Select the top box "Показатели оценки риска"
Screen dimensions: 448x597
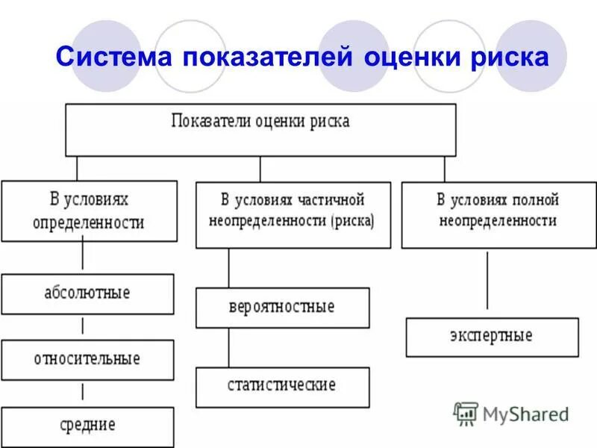point(260,129)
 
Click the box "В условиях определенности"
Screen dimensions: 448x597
point(89,211)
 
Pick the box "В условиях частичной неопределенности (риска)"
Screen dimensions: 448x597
point(293,214)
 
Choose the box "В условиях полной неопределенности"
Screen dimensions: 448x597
point(498,214)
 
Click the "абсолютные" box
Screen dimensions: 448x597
point(87,293)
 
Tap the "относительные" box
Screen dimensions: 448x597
point(87,359)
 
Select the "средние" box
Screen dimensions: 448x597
point(87,426)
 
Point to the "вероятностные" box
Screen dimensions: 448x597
point(282,308)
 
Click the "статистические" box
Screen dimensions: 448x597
point(282,387)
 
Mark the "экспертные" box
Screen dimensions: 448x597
point(492,337)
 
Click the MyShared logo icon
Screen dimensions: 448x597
point(466,413)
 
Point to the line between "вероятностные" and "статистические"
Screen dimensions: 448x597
point(228,347)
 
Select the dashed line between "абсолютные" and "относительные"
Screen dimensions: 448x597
point(82,326)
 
